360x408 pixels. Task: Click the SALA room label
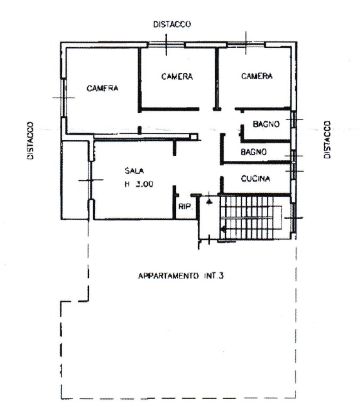(134, 171)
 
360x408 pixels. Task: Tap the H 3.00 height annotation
(139, 184)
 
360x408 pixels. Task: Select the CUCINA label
(256, 179)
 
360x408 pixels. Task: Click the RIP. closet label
(186, 207)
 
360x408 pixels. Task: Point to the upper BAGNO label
(266, 124)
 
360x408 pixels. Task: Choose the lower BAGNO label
(254, 152)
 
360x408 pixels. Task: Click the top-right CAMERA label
(257, 76)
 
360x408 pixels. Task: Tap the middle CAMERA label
(177, 77)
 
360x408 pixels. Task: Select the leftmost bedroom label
(102, 88)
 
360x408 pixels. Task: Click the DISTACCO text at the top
(172, 24)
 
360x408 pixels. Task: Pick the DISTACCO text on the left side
(31, 141)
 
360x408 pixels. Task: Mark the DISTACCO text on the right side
(327, 140)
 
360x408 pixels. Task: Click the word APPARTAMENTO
(168, 275)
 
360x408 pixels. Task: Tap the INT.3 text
(213, 275)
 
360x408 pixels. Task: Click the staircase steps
(246, 218)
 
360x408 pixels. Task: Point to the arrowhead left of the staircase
(222, 229)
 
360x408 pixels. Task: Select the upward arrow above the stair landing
(209, 199)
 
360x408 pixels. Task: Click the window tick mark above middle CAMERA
(166, 45)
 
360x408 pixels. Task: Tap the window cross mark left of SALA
(90, 180)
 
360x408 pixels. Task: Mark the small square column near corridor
(194, 137)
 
